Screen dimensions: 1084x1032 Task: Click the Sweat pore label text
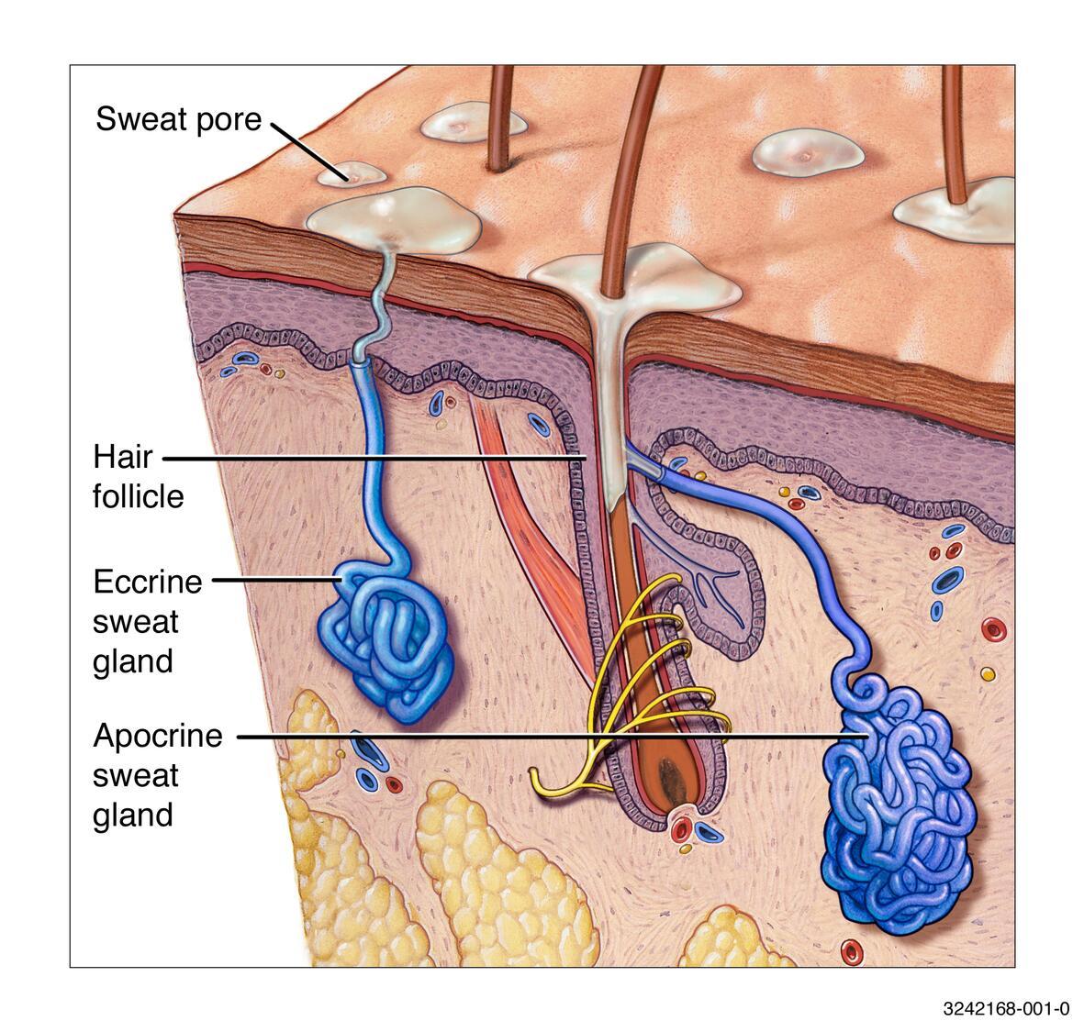click(178, 119)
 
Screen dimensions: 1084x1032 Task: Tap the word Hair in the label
click(122, 457)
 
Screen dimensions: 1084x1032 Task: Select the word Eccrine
click(147, 582)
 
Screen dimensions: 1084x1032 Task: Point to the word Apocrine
click(158, 736)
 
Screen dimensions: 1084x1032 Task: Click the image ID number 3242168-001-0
click(1006, 1009)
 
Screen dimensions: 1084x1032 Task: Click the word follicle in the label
click(139, 496)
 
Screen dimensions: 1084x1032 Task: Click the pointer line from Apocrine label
click(553, 737)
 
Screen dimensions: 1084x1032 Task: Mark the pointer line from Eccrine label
click(278, 581)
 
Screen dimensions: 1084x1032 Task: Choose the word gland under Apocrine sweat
click(133, 816)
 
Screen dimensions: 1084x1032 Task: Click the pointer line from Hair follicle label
click(374, 457)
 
